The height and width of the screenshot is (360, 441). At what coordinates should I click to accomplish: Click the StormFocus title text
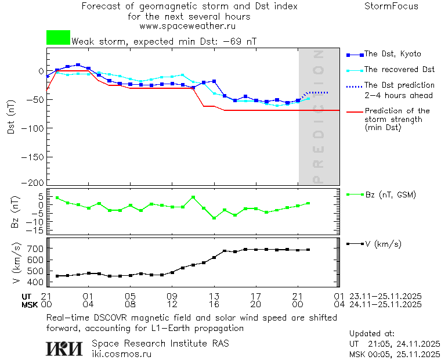click(x=391, y=6)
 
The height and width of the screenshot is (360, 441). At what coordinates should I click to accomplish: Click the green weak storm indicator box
click(x=58, y=38)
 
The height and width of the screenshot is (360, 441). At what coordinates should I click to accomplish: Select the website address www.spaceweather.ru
click(x=187, y=26)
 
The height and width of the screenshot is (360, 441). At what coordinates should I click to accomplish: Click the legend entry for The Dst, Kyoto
click(x=392, y=54)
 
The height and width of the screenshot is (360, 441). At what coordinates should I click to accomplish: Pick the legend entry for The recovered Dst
click(x=399, y=70)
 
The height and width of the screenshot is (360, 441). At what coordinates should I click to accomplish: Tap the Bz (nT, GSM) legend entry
click(x=390, y=195)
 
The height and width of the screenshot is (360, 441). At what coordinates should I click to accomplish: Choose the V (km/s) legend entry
click(x=383, y=244)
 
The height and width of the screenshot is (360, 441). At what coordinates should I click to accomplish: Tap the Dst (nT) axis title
click(x=11, y=119)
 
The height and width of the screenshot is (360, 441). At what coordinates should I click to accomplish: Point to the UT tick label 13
click(x=214, y=296)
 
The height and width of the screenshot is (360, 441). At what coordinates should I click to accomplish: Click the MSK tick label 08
click(x=131, y=304)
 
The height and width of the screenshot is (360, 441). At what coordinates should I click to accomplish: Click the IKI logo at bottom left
click(x=65, y=348)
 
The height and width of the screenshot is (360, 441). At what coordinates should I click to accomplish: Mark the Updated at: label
click(x=371, y=334)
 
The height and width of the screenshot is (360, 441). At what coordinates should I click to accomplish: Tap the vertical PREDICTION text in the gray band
click(x=318, y=116)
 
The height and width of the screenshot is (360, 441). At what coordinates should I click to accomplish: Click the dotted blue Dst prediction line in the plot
click(x=318, y=92)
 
